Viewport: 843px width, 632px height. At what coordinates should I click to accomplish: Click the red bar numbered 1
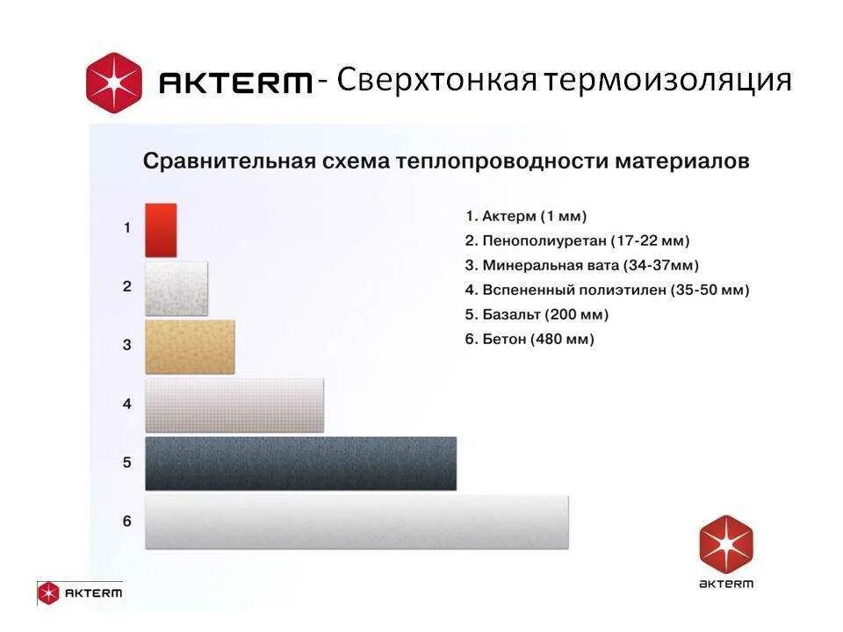(161, 230)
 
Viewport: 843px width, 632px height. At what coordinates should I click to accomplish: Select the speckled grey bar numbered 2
(177, 288)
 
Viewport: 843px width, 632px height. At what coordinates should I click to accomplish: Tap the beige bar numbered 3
(190, 347)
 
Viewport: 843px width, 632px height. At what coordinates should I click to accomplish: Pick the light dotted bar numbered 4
(234, 406)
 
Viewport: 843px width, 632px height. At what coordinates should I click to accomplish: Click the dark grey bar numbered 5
(300, 463)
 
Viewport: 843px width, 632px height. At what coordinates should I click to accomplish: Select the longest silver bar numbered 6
(357, 522)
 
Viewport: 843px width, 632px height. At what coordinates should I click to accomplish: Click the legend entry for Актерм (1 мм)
(525, 216)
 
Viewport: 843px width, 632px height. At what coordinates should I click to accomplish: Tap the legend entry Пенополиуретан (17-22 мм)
(577, 241)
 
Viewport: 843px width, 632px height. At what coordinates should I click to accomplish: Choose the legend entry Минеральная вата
(581, 265)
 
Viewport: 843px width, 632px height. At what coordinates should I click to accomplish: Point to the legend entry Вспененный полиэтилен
(607, 290)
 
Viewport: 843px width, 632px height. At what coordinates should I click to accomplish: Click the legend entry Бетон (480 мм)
(530, 339)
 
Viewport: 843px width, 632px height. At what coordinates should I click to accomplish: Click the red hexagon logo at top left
(113, 82)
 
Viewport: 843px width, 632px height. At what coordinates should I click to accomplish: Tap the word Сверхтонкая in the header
(436, 82)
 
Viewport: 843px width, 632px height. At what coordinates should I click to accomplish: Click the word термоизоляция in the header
(667, 82)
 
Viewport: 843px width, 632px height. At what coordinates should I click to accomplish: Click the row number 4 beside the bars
(126, 405)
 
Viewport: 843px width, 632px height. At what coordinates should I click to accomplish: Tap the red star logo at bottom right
(726, 542)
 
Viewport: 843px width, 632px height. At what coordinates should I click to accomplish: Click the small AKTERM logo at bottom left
(80, 592)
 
